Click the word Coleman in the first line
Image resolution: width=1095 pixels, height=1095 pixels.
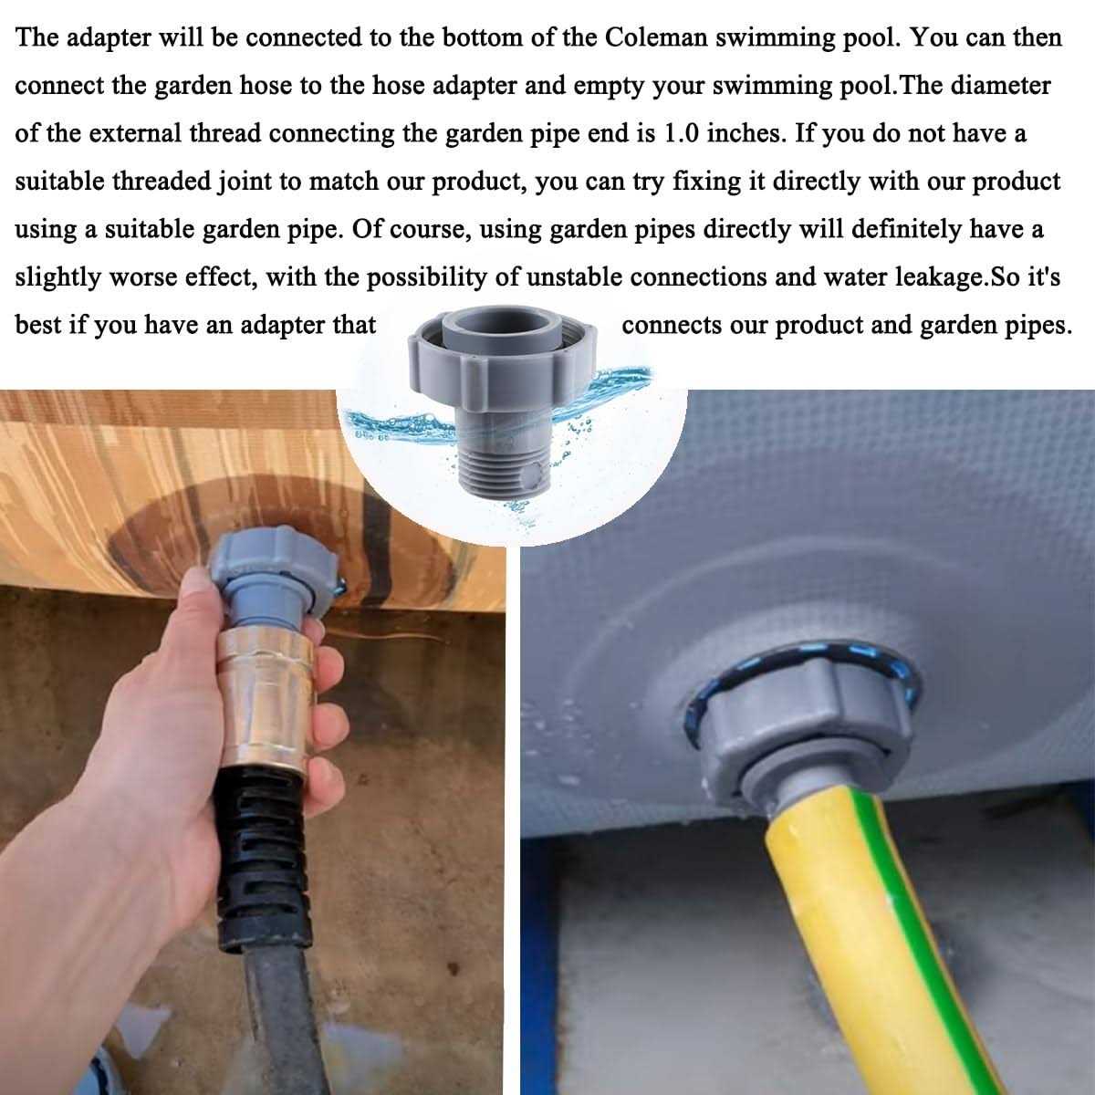click(656, 37)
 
